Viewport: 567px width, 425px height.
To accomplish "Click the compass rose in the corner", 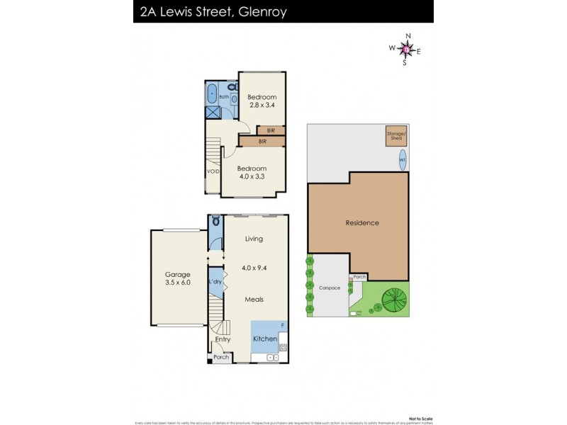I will [405, 49].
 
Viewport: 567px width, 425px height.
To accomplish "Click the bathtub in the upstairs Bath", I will [212, 93].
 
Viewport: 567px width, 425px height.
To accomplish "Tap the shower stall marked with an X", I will [212, 112].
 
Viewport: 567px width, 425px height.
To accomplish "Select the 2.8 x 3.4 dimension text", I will [262, 105].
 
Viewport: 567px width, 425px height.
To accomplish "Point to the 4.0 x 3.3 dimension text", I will [252, 176].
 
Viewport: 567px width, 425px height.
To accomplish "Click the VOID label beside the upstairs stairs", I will [213, 171].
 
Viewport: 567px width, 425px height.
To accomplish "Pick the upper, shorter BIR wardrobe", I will [271, 130].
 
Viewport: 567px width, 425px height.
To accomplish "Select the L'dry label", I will [215, 282].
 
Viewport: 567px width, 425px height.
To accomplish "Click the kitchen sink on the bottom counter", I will [271, 358].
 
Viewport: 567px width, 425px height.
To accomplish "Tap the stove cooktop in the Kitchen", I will [283, 347].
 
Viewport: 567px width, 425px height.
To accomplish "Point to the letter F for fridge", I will [283, 325].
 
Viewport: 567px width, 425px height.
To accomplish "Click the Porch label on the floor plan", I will [221, 358].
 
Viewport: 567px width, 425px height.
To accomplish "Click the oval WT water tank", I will [403, 157].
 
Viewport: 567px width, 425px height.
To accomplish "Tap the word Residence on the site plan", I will [361, 222].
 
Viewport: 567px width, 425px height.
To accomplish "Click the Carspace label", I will [330, 288].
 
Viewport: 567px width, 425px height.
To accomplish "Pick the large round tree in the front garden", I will [393, 298].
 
